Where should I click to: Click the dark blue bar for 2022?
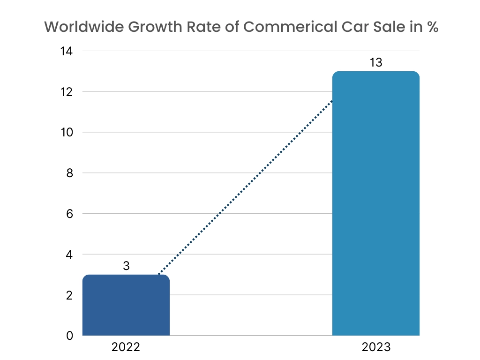pos(126,305)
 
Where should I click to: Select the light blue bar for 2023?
pos(375,203)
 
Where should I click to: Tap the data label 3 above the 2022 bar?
pos(126,266)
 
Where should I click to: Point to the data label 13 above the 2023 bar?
pos(376,62)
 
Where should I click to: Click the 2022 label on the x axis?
pos(126,347)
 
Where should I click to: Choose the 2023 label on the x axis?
pos(376,347)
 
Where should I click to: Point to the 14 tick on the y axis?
pos(66,51)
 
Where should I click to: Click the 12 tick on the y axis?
pos(66,92)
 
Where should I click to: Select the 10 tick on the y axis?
pos(66,132)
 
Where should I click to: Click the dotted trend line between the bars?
pos(246,187)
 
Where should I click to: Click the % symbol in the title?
pos(432,27)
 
